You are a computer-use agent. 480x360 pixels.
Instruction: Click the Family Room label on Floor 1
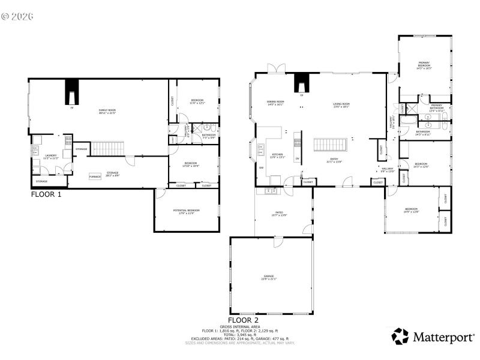pyautogui.click(x=107, y=112)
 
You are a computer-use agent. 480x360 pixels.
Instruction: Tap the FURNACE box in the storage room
pyautogui.click(x=95, y=176)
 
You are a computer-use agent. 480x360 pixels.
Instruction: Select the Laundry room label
pyautogui.click(x=50, y=157)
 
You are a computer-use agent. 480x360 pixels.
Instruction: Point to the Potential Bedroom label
pyautogui.click(x=186, y=211)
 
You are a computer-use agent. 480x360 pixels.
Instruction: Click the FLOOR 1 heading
pyautogui.click(x=46, y=194)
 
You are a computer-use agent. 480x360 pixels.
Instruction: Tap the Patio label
pyautogui.click(x=279, y=214)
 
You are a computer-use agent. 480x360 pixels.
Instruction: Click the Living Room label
pyautogui.click(x=341, y=105)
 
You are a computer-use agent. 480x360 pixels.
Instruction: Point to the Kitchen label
pyautogui.click(x=278, y=156)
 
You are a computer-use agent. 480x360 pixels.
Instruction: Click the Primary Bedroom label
pyautogui.click(x=424, y=65)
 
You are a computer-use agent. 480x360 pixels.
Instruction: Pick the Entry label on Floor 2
pyautogui.click(x=334, y=160)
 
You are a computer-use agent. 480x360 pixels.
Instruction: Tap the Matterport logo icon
pyautogui.click(x=400, y=336)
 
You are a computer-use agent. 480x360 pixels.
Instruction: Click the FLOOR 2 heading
pyautogui.click(x=243, y=320)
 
